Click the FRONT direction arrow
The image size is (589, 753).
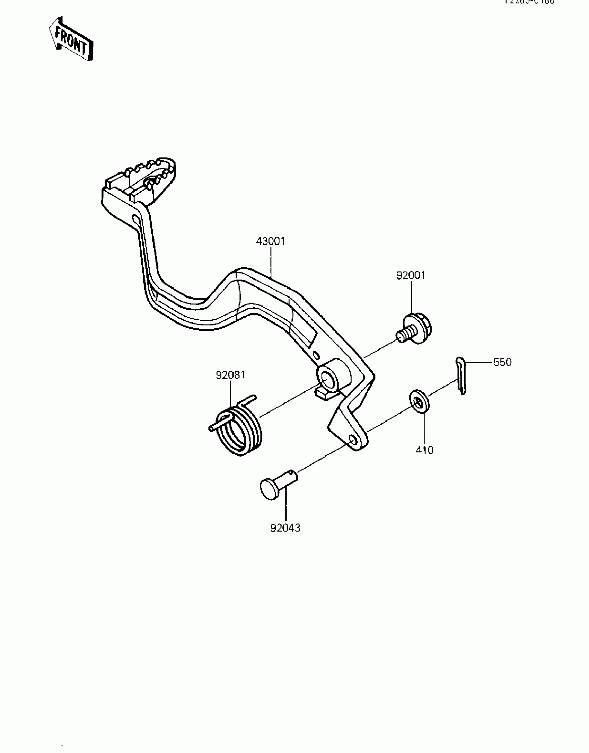point(71,39)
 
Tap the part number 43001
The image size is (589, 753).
point(271,241)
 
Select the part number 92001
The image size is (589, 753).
point(411,275)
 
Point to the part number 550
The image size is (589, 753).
point(502,362)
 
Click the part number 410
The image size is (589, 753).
point(424,450)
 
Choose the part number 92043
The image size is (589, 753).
point(285,528)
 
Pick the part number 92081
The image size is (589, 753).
point(230,375)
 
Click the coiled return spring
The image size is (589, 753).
point(239,429)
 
